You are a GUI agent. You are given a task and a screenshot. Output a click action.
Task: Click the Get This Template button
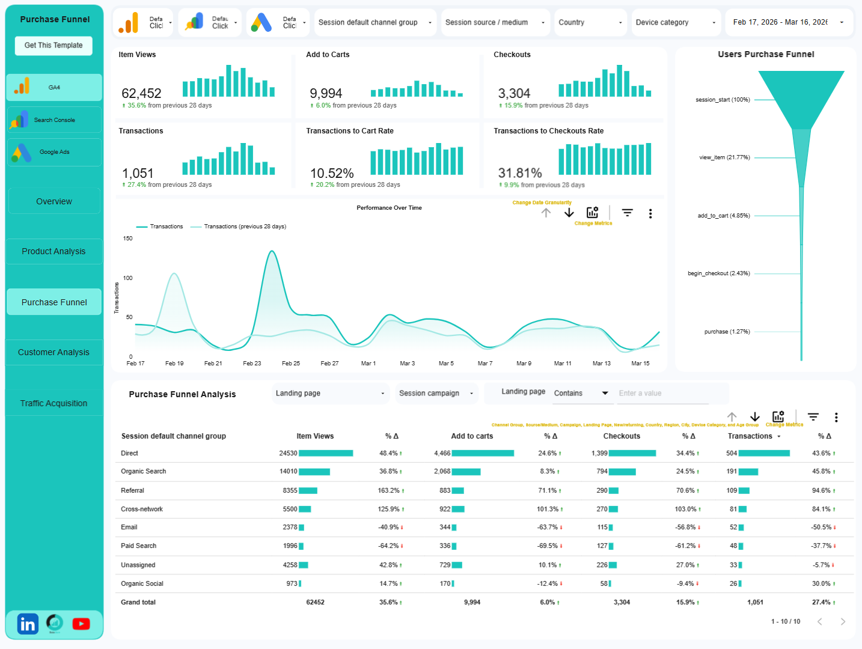coord(53,46)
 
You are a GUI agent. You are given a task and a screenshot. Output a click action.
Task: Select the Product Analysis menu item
coord(53,252)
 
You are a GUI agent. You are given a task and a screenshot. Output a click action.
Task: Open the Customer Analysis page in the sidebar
coord(53,353)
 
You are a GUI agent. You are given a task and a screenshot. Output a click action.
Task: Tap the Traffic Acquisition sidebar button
coord(53,404)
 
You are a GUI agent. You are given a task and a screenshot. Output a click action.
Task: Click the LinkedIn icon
coord(28,624)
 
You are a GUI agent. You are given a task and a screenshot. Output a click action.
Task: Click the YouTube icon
coord(81,624)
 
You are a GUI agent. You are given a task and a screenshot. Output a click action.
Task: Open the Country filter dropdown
coord(590,23)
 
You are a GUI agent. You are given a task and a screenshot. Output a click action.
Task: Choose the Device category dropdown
coord(675,23)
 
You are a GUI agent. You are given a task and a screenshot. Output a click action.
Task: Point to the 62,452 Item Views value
coord(141,94)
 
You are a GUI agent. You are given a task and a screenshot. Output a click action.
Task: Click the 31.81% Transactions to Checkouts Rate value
coord(520,174)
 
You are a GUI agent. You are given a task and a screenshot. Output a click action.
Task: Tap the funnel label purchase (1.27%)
coord(727,332)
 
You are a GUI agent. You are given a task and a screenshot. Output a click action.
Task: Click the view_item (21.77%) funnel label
coord(724,157)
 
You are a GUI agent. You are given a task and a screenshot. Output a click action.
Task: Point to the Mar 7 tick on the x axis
coord(485,364)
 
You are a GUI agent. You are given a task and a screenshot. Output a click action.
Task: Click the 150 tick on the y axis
coord(127,239)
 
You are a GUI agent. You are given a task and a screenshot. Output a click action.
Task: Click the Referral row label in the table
coord(132,491)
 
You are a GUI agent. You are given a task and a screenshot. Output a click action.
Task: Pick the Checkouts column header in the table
coord(622,436)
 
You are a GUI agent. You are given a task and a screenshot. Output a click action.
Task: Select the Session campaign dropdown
coord(436,394)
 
